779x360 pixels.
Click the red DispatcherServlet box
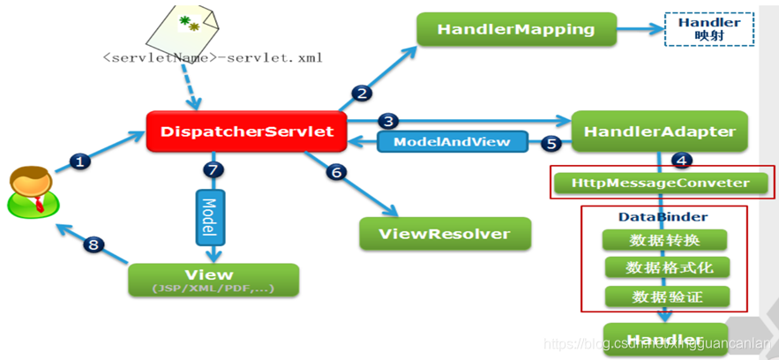pos(247,132)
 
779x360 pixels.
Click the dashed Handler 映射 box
pos(709,29)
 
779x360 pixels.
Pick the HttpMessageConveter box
pos(660,184)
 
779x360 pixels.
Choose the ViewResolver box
pos(446,234)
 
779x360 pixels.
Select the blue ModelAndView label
pos(451,141)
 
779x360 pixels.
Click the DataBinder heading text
pos(650,216)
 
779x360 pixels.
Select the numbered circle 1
pos(80,161)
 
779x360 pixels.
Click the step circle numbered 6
pos(336,172)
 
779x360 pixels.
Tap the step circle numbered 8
pos(94,244)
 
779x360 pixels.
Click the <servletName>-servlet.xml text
pos(212,59)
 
